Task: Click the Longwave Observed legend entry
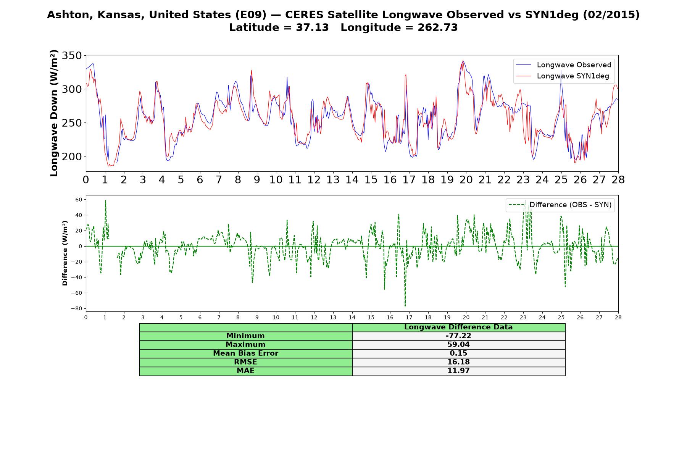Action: [563, 65]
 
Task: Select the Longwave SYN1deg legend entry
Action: [563, 76]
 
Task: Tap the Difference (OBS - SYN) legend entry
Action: [560, 205]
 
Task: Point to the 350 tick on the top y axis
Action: [72, 56]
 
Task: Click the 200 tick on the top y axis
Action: [72, 156]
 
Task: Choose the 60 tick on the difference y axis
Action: [79, 200]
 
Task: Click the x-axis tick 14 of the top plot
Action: [352, 180]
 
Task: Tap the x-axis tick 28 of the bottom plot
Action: [618, 317]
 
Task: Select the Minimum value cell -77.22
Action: [458, 336]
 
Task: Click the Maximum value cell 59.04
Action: [458, 345]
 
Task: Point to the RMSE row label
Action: [246, 362]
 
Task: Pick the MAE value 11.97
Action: [458, 371]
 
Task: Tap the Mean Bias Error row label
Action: [246, 353]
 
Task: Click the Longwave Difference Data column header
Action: [458, 327]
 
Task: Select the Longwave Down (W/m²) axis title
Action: [54, 113]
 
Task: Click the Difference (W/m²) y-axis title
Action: [65, 253]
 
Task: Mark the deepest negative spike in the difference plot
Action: [405, 306]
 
